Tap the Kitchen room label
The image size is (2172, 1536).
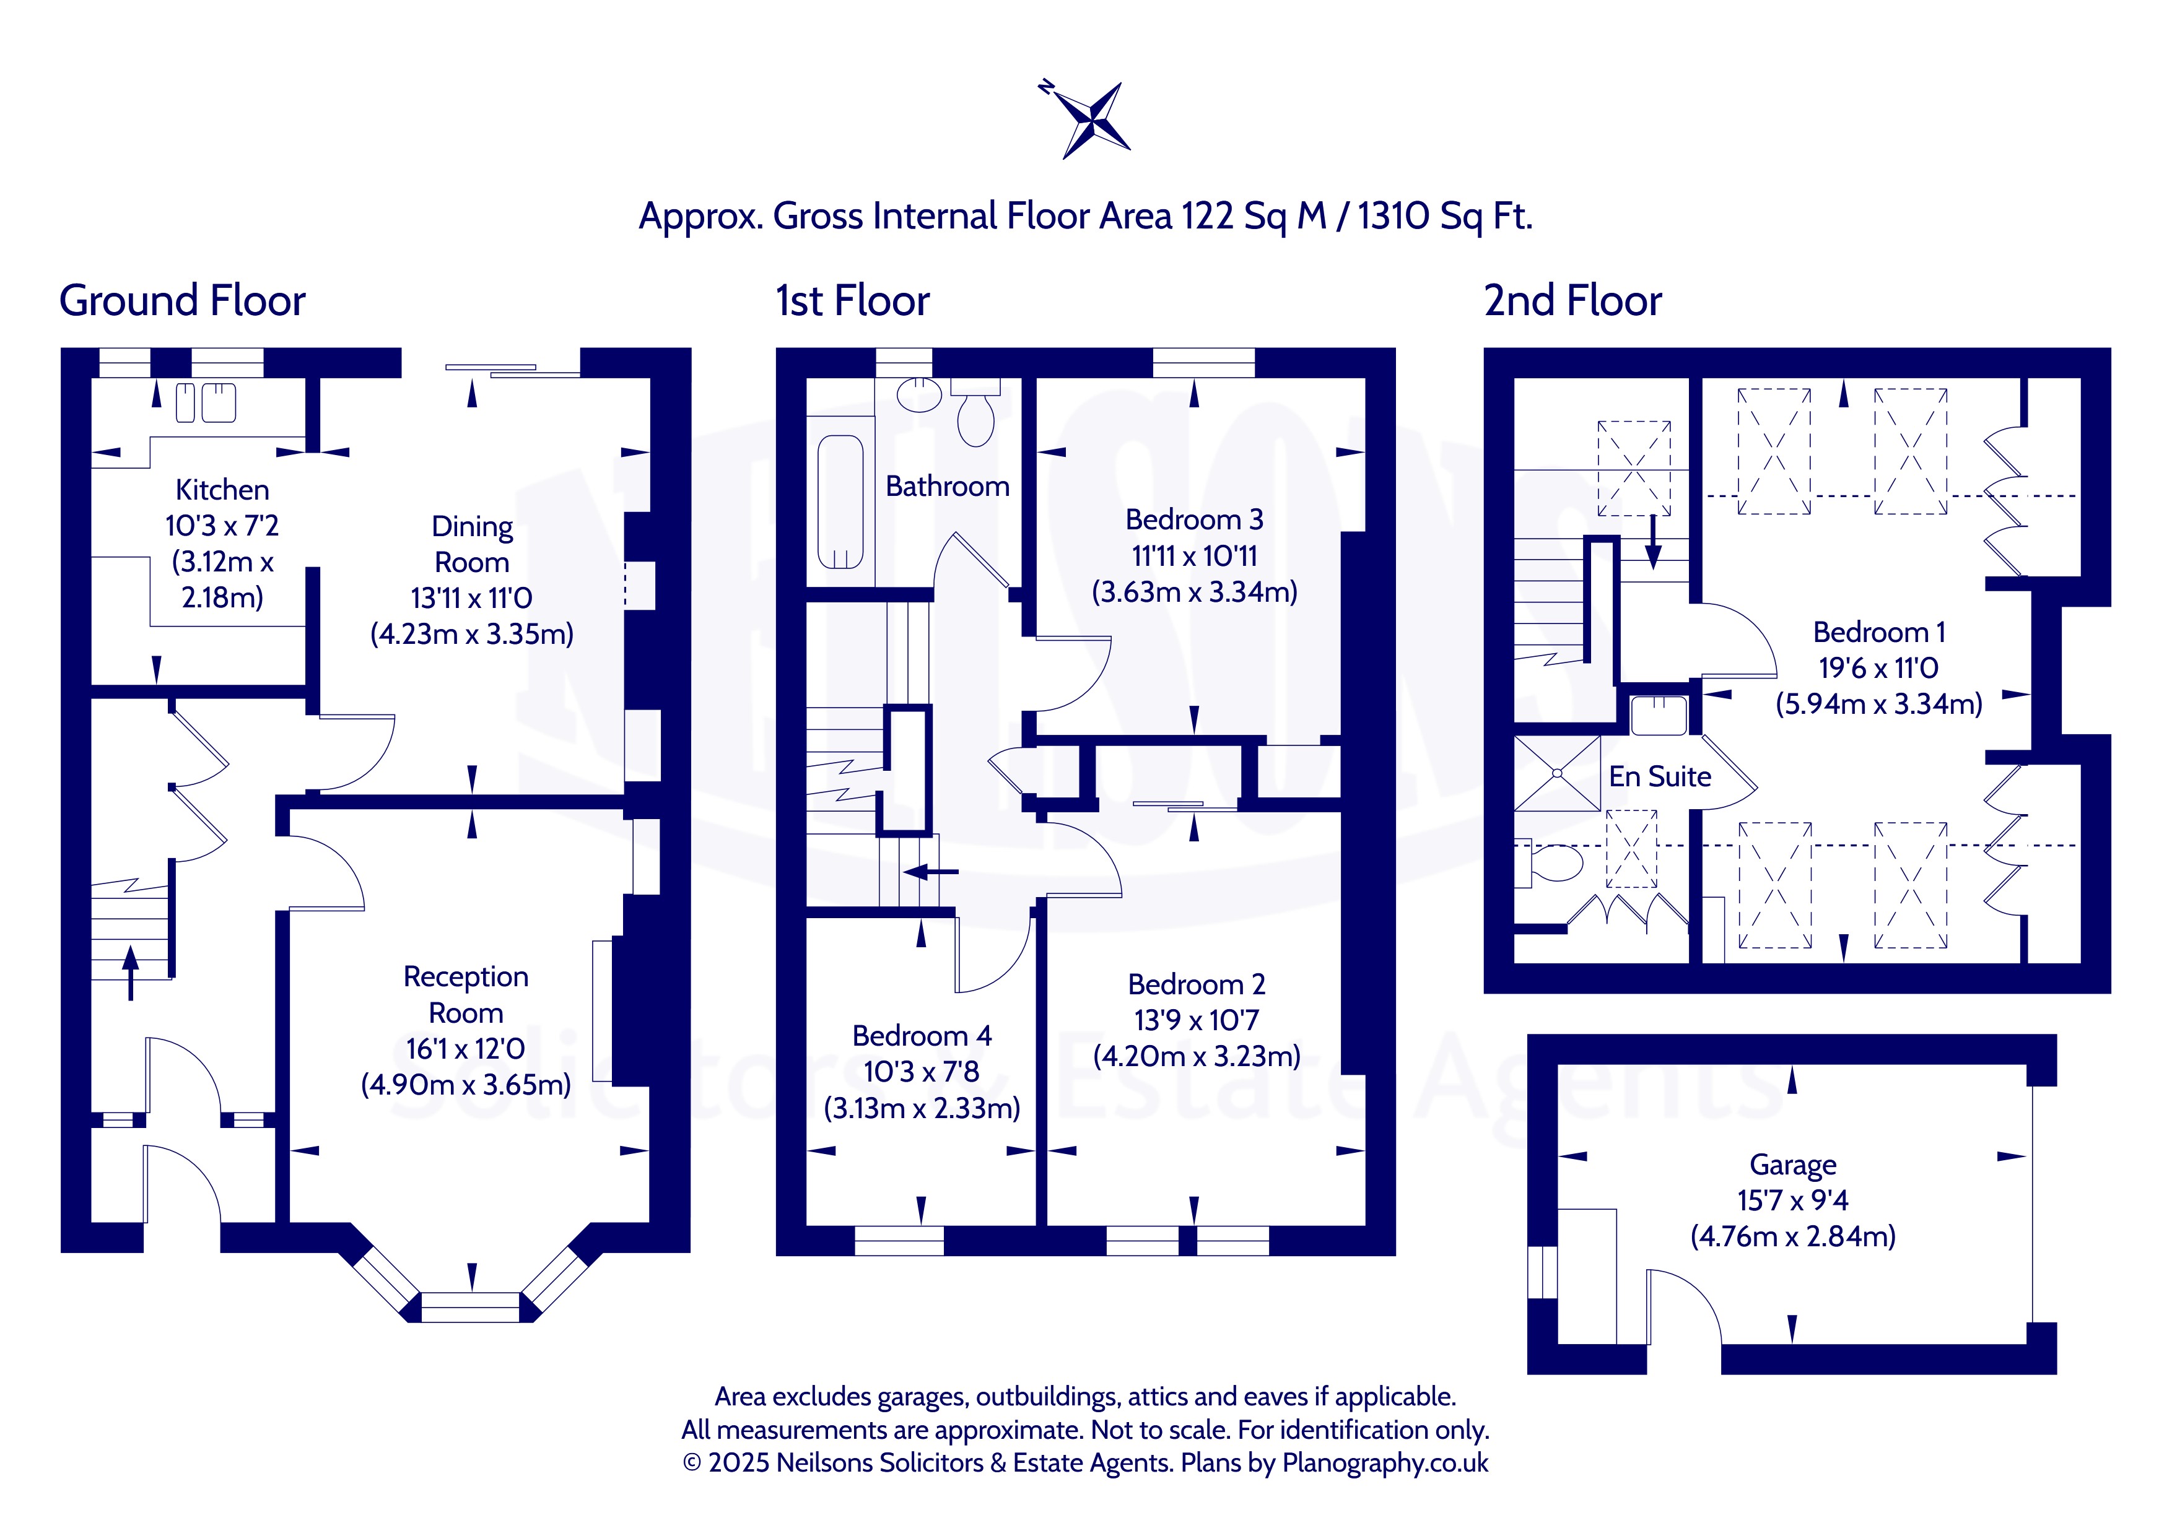[222, 490]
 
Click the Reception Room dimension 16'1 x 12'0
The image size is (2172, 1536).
[466, 1048]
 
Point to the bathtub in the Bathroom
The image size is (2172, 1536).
[840, 501]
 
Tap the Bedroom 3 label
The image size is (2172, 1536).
[1194, 519]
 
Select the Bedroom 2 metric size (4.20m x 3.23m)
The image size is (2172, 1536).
[1197, 1056]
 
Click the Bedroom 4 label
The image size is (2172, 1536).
[922, 1036]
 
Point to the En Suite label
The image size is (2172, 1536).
[1660, 776]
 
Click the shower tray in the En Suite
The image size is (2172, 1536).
[1557, 774]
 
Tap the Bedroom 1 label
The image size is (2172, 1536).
[1878, 632]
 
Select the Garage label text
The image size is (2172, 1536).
[1792, 1165]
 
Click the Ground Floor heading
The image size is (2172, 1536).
[183, 301]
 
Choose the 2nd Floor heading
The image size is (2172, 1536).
[1572, 301]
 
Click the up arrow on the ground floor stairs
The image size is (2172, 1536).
[131, 972]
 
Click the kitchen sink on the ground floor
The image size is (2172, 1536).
[206, 403]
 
